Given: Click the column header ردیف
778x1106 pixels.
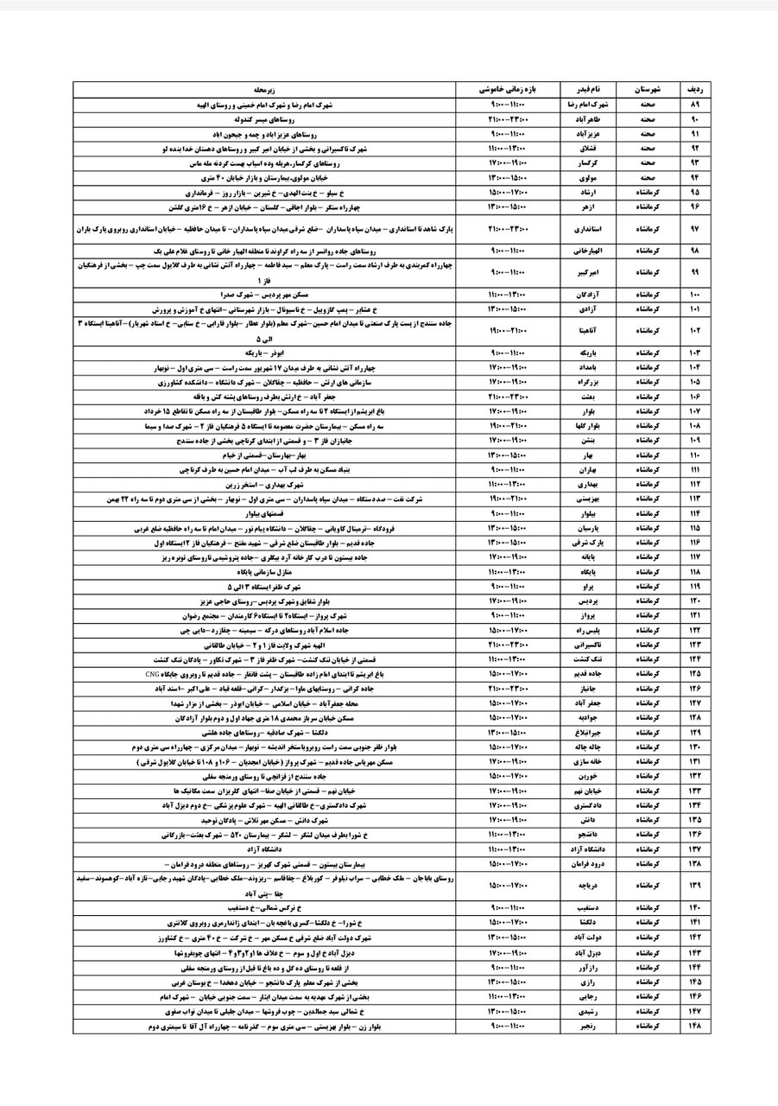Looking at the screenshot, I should click(x=695, y=89).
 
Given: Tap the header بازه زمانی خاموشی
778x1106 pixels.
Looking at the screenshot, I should click(x=508, y=89).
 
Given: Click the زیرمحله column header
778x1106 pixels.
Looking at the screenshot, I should click(x=264, y=89).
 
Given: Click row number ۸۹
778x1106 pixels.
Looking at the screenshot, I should click(x=695, y=104).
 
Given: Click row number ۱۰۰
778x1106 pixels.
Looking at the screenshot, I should click(x=695, y=295).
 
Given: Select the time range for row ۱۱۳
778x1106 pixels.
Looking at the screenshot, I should click(x=508, y=499).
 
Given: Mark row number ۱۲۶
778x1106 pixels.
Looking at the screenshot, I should click(x=695, y=689).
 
